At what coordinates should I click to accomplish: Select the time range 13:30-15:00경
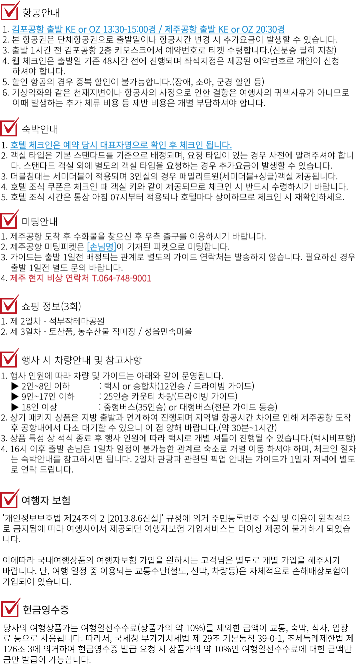coord(129,29)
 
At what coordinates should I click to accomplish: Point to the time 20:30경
coord(270,29)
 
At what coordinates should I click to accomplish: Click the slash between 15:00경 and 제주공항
coord(160,29)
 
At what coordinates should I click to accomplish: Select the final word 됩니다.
coord(219,145)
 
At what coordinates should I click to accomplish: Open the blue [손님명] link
coord(101,247)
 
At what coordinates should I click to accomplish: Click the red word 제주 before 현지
coord(18,278)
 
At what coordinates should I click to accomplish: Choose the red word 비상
coord(54,278)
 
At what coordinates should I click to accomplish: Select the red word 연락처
coord(77,278)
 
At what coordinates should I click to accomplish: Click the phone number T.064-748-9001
coord(121,278)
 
